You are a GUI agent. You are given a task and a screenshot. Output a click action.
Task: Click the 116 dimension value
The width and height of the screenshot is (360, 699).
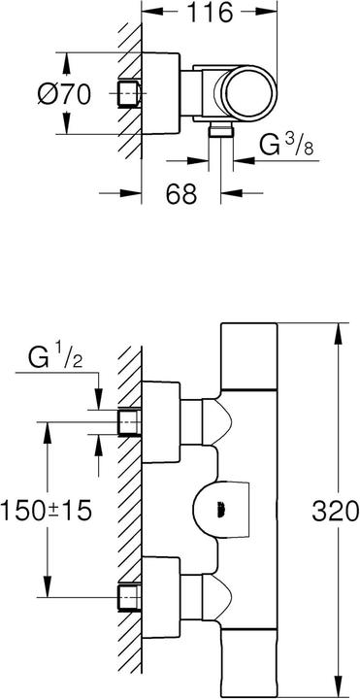coord(210,13)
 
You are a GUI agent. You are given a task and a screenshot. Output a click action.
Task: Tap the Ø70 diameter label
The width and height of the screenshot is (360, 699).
coord(64,94)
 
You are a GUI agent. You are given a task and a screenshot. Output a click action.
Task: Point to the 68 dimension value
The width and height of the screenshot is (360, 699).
coord(181,193)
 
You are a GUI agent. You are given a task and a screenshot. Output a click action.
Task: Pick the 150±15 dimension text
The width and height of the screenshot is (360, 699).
coord(46,511)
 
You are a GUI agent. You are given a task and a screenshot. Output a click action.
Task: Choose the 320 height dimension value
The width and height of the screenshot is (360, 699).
coord(335,511)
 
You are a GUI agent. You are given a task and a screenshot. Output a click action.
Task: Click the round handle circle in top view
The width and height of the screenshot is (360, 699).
coord(249,93)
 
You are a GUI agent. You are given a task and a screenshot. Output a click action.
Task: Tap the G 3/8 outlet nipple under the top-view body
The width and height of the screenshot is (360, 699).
coord(221,131)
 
